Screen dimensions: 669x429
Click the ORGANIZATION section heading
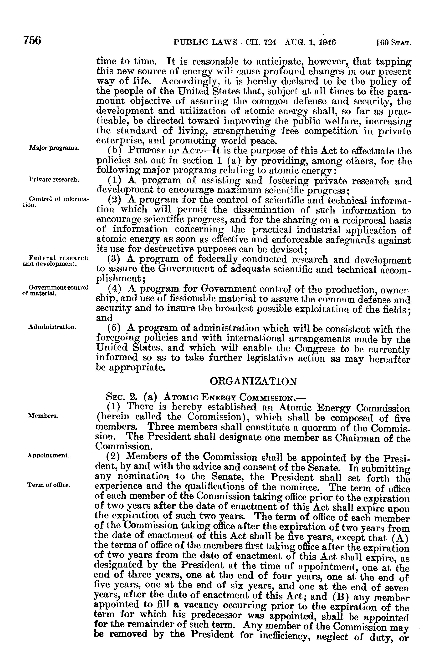(253, 381)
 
